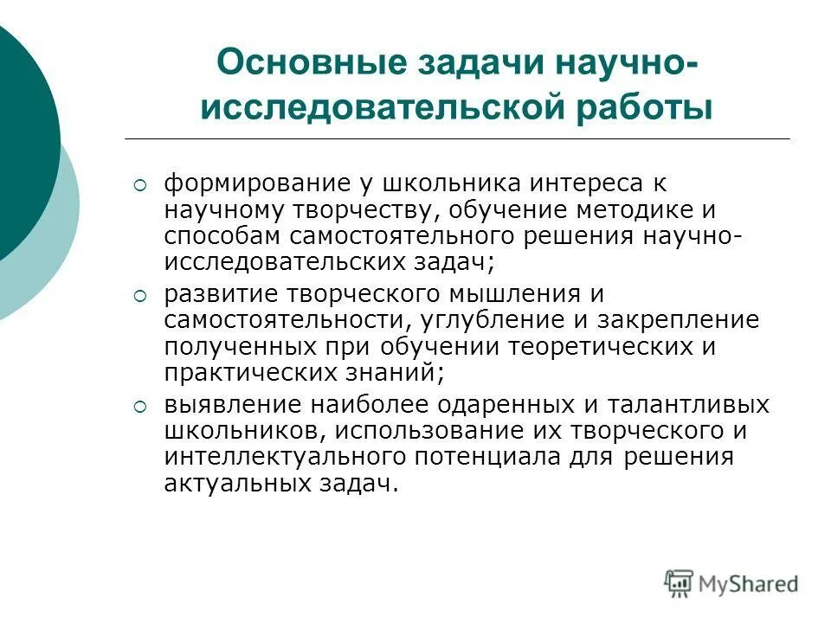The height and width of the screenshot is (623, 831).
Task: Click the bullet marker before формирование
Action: coord(141,185)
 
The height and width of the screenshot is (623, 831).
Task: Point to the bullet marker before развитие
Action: coord(141,296)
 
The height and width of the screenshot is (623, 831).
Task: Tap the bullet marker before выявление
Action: coord(141,407)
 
